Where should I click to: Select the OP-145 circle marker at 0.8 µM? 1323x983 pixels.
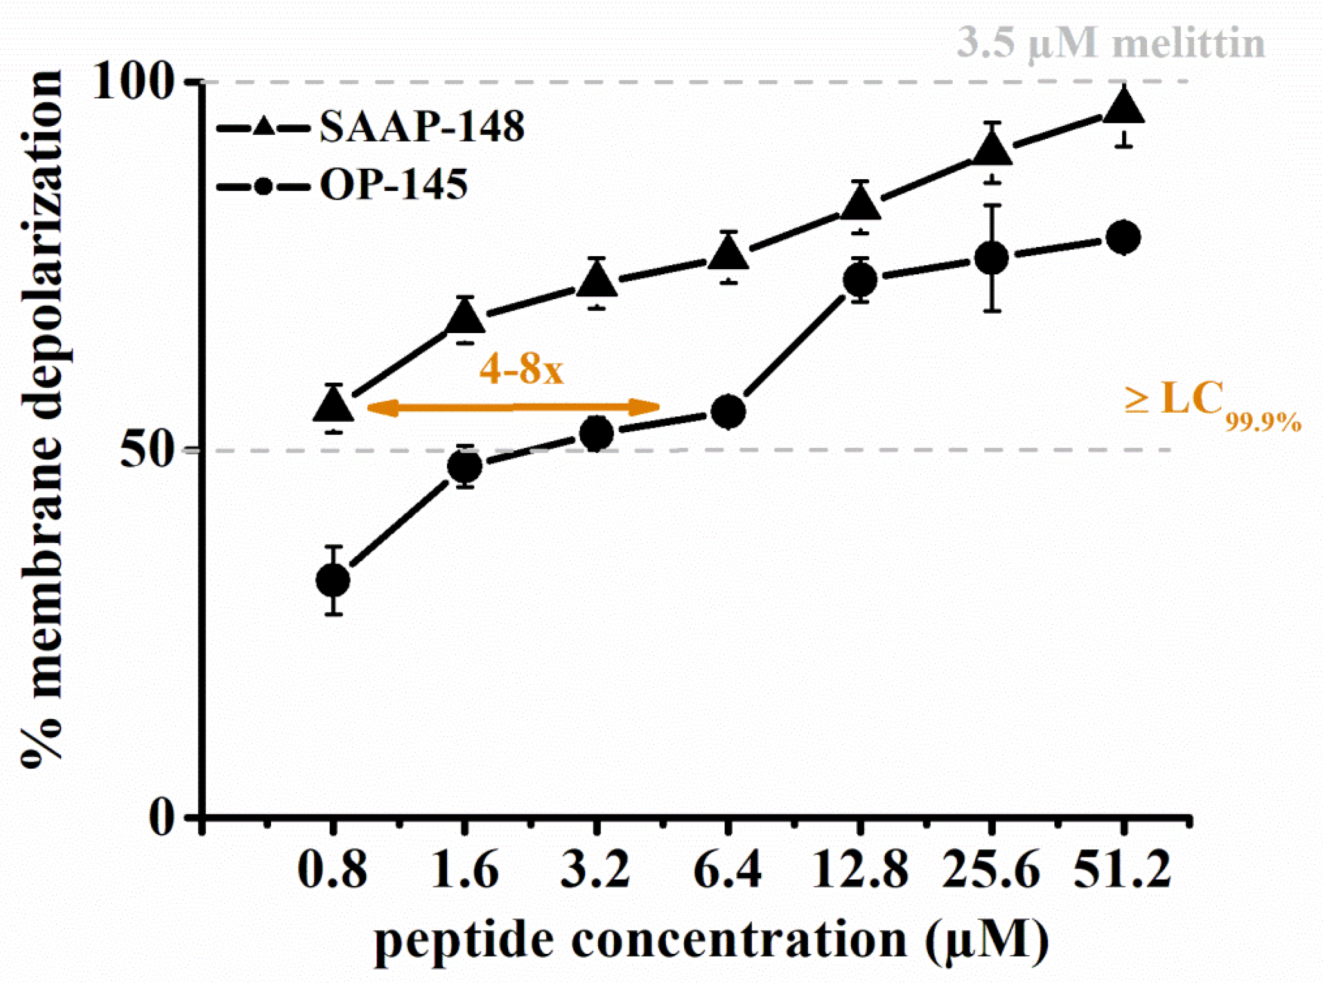[x=333, y=580]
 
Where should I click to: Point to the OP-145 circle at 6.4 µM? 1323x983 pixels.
[x=728, y=412]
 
